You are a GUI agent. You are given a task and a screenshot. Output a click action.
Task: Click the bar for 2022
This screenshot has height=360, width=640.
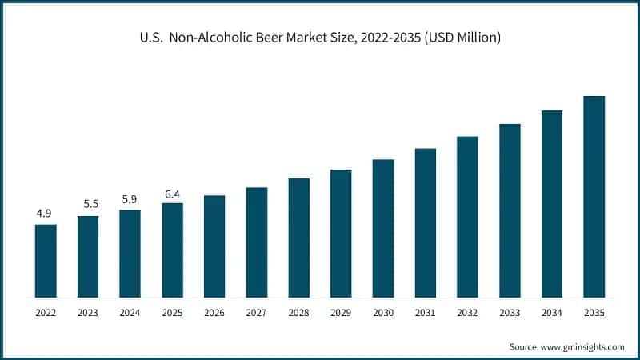coord(46,261)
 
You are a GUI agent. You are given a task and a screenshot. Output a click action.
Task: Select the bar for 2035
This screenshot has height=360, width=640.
coord(594,197)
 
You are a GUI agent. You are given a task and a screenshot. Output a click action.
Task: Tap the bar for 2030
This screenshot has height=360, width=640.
coord(383,229)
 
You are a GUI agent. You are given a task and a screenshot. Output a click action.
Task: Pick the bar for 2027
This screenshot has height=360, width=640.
coord(257,242)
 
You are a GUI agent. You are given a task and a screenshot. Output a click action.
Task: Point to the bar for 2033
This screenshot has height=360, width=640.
coord(510,210)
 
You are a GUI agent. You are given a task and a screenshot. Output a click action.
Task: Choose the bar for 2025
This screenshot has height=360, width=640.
coord(172,250)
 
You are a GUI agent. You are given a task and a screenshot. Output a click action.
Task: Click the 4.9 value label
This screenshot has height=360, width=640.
coord(44,214)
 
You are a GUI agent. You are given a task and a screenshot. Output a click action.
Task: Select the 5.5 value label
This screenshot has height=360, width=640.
coord(87,205)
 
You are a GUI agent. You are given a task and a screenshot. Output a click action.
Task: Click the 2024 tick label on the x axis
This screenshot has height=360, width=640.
coord(130,313)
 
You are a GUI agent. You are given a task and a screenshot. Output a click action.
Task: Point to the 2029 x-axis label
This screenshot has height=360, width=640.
coord(341,313)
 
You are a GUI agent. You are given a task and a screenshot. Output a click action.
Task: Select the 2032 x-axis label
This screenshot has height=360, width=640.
coord(467,313)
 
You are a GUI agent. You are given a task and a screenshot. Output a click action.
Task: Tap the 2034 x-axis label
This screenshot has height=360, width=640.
coord(552,313)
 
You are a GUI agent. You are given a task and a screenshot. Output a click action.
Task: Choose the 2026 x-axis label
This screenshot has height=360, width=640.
coord(214,313)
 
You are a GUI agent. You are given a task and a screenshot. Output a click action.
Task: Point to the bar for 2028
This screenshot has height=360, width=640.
coord(298,238)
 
